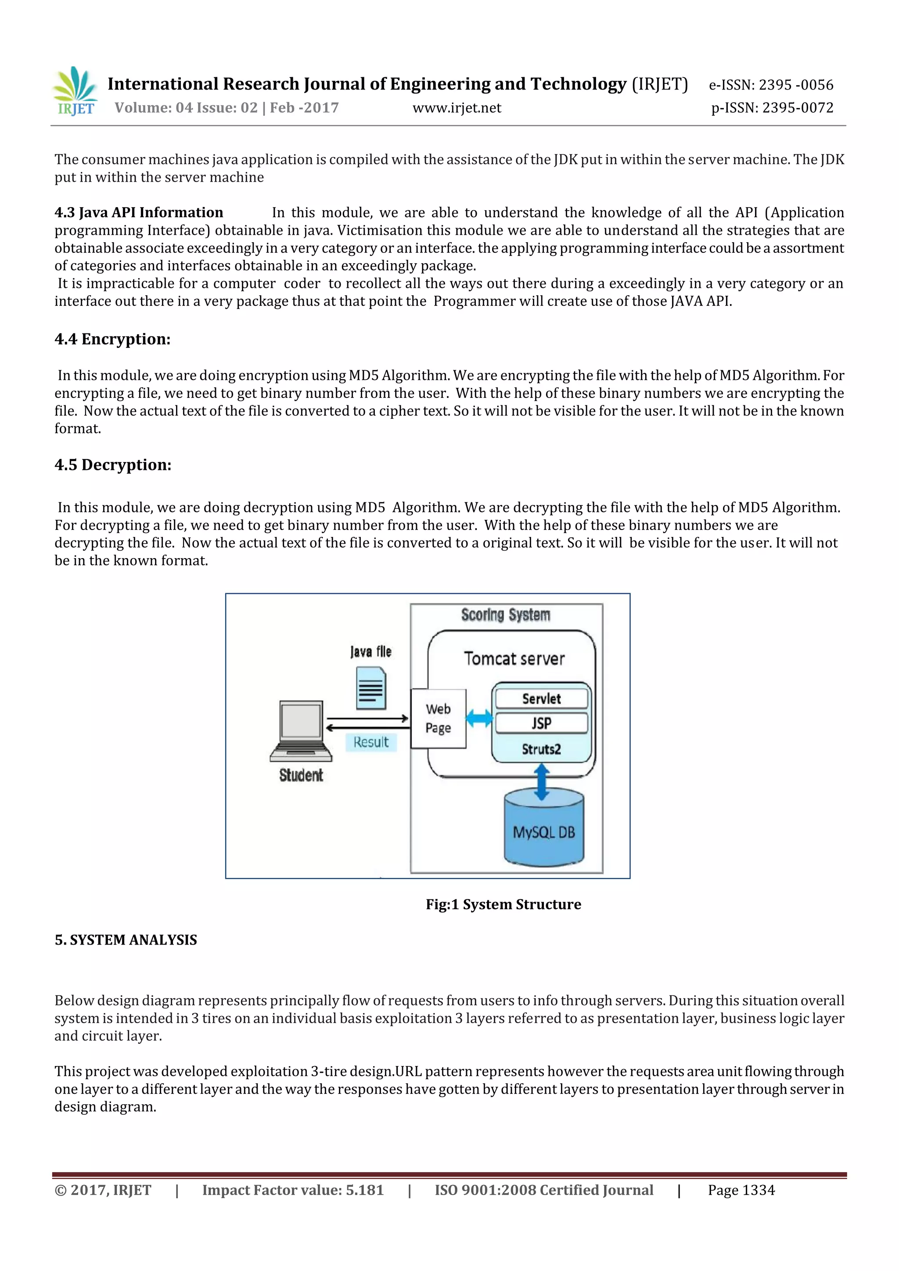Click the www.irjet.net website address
(x=457, y=108)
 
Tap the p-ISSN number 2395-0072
(x=772, y=108)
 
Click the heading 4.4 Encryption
(x=112, y=339)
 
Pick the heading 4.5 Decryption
(x=113, y=465)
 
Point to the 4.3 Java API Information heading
(x=138, y=213)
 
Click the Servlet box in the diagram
(x=541, y=698)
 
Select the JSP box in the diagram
(x=541, y=723)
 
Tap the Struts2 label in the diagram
(x=541, y=749)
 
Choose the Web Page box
(x=438, y=719)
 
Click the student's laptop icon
(x=301, y=731)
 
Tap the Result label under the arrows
(x=370, y=742)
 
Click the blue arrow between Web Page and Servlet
(x=479, y=719)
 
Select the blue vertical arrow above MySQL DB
(x=542, y=782)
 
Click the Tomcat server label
(x=514, y=658)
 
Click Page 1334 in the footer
(x=741, y=1190)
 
